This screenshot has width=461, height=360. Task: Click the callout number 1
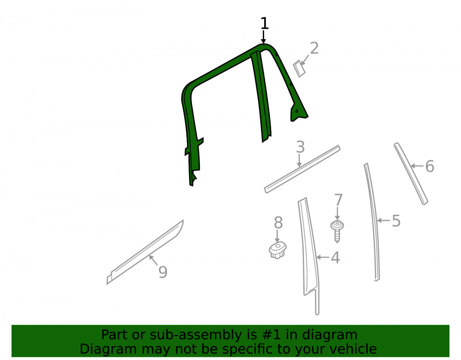pyautogui.click(x=265, y=23)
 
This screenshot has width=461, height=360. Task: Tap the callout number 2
pyautogui.click(x=314, y=48)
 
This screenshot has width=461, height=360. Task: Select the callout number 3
pyautogui.click(x=300, y=147)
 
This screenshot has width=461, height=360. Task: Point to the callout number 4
pyautogui.click(x=336, y=258)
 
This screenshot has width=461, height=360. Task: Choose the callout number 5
pyautogui.click(x=396, y=221)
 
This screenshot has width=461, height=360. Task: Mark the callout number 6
pyautogui.click(x=430, y=166)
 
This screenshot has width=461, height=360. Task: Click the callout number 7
pyautogui.click(x=338, y=200)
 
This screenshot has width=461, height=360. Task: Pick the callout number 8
pyautogui.click(x=278, y=223)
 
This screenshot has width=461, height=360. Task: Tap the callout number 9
pyautogui.click(x=163, y=272)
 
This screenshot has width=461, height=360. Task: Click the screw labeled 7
pyautogui.click(x=337, y=231)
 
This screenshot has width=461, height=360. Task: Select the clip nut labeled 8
pyautogui.click(x=278, y=250)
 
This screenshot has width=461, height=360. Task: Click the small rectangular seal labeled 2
pyautogui.click(x=299, y=69)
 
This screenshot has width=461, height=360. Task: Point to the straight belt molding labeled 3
pyautogui.click(x=302, y=169)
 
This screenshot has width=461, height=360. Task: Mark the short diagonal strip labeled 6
pyautogui.click(x=411, y=174)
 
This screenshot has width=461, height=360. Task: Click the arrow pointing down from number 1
pyautogui.click(x=263, y=37)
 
